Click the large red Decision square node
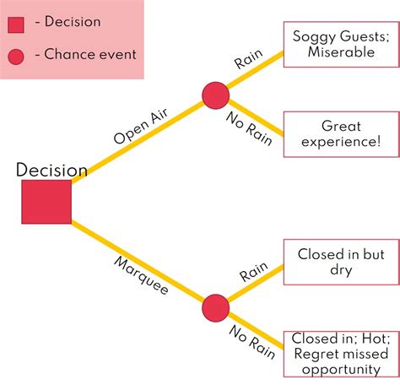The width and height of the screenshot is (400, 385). coord(46,202)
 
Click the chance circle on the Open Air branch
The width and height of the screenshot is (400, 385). coord(215,95)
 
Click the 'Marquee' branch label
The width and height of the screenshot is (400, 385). coord(141,274)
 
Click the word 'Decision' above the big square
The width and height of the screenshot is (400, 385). coord(51,171)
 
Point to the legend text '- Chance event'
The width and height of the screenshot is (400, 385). coord(84,56)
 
